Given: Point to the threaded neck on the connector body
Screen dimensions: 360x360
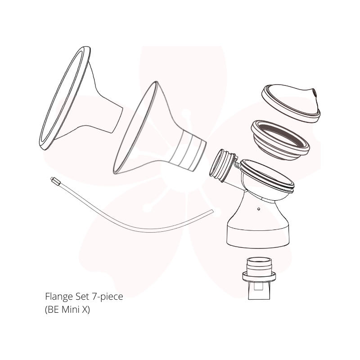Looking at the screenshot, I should (223, 165).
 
